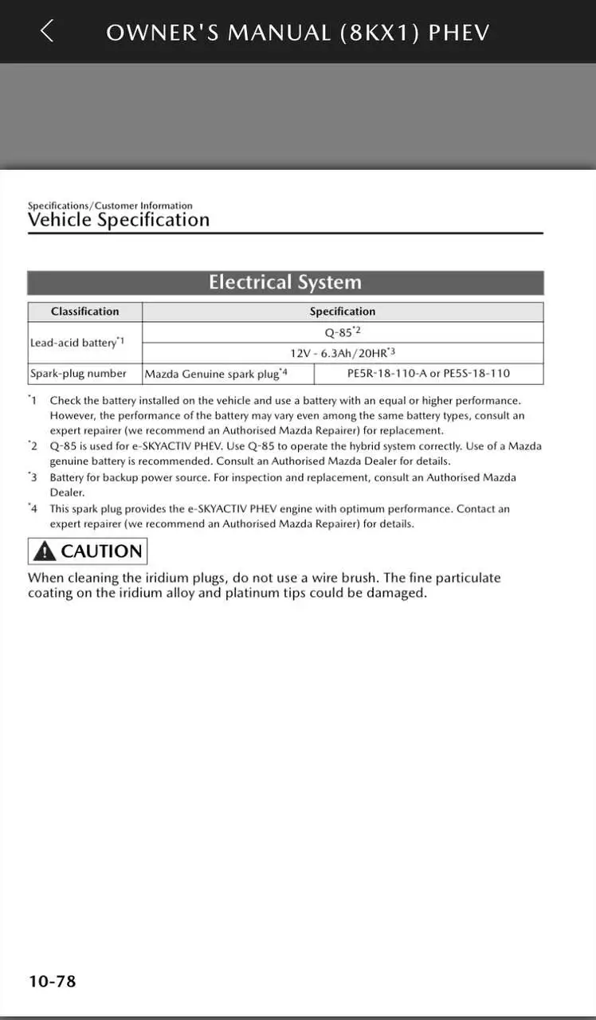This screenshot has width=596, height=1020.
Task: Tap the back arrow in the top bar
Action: coord(47,31)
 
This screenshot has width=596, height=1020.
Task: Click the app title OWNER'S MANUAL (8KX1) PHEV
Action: coord(297,32)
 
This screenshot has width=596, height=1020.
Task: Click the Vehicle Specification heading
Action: coord(119,221)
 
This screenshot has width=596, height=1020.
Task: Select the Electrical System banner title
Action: coord(285,283)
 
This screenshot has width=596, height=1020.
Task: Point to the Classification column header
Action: coord(84,312)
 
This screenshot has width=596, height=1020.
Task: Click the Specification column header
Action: coord(343,312)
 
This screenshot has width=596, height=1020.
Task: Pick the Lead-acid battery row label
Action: coord(76,343)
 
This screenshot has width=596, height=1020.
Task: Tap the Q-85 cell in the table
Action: coord(343,332)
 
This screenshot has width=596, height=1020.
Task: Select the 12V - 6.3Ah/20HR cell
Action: coord(343,353)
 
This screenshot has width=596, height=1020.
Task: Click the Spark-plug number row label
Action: coord(78,373)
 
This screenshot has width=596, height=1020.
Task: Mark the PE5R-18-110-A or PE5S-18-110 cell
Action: coord(429,373)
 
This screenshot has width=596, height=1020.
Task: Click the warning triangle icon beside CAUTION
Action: coord(45,551)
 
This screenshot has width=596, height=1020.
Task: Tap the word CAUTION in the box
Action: coord(101,551)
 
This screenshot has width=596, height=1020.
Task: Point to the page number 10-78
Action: coord(53,981)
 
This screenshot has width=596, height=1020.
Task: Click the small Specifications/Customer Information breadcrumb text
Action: coord(110,206)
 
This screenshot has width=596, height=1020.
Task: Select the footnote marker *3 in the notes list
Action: coord(33,477)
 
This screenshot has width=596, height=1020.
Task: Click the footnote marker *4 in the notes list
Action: coord(33,508)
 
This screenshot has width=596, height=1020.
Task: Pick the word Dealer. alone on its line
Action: coord(67,492)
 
